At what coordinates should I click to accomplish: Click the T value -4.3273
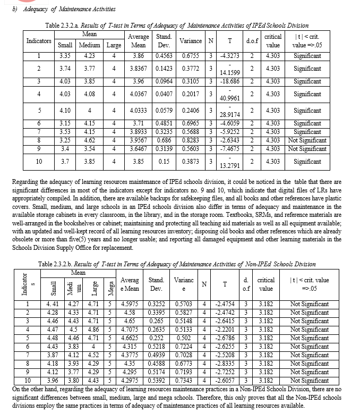(x=229, y=55)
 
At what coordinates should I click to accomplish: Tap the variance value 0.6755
(x=191, y=55)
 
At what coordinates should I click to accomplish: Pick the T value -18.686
(x=229, y=81)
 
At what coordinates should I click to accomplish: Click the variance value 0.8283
(x=191, y=140)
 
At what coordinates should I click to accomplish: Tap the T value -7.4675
(x=229, y=148)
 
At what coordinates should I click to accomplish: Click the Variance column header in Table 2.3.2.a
(x=191, y=41)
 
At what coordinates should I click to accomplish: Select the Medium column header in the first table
(x=89, y=45)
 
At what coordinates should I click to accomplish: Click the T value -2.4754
(x=225, y=304)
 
